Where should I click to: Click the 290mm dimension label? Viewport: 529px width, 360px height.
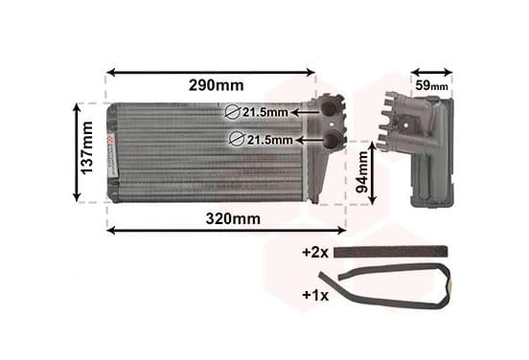coord(216,85)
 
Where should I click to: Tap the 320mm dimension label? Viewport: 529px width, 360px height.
coord(233,218)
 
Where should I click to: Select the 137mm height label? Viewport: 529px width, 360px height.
coord(87,148)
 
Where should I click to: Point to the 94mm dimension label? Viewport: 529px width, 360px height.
coord(362,172)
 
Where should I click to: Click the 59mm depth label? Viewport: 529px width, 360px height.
coord(431,85)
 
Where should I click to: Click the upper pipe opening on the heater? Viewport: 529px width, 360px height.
coord(329,107)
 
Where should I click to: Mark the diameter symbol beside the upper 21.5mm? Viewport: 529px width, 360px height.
coord(233,112)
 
